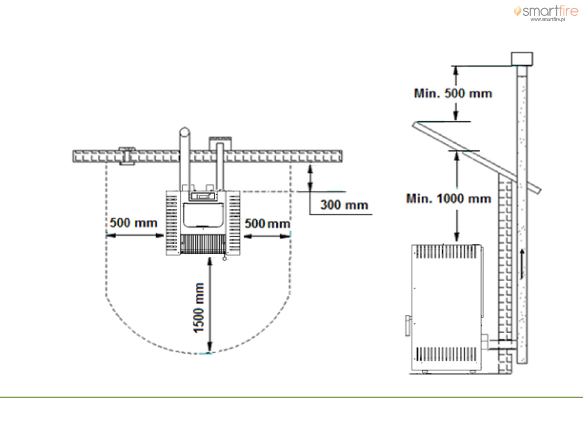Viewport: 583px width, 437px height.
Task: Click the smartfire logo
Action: [546, 11]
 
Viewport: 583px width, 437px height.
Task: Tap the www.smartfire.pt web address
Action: [548, 19]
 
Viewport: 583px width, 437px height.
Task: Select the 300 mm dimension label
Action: [344, 205]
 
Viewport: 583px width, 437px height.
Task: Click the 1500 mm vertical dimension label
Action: [199, 308]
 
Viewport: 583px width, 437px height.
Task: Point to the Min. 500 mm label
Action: [453, 93]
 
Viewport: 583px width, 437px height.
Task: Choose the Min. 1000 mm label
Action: [449, 199]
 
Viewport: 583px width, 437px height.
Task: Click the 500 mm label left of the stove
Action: [133, 222]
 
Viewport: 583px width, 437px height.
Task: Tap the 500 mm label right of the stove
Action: [268, 223]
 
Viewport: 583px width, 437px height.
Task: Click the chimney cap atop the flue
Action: [522, 59]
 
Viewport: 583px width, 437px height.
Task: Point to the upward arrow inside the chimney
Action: [522, 264]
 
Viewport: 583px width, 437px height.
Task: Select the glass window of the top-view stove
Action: [203, 215]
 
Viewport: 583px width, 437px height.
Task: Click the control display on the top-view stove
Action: [203, 196]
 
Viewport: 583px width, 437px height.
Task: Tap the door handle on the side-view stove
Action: [408, 325]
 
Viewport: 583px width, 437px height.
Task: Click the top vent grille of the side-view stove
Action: [446, 252]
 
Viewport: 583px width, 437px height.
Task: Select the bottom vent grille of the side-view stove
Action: [446, 354]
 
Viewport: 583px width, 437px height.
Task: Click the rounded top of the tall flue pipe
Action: [184, 132]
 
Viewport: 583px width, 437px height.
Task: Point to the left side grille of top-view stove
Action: [172, 223]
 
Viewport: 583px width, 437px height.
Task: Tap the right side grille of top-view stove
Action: [234, 223]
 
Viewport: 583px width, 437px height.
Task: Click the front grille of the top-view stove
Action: [203, 244]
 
